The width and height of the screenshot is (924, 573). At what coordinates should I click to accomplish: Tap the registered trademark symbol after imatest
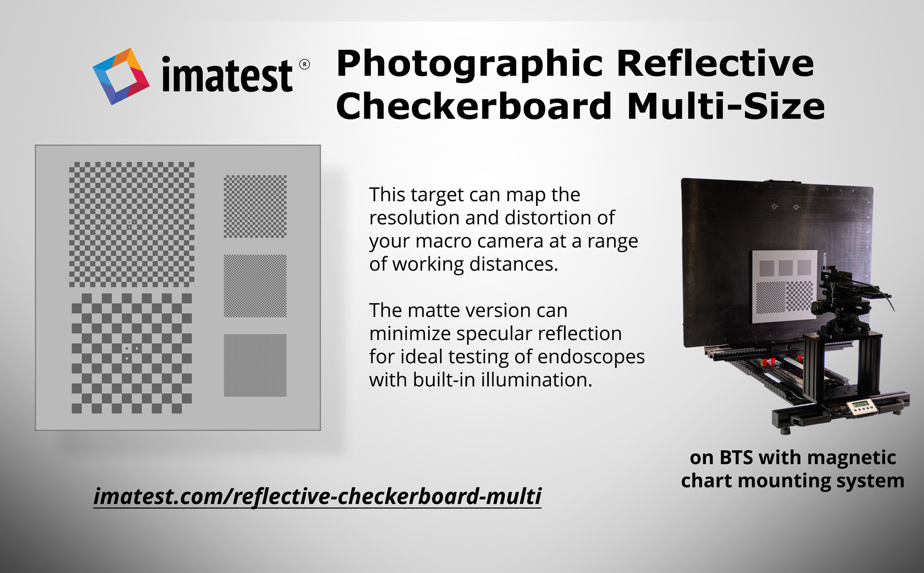coord(305,65)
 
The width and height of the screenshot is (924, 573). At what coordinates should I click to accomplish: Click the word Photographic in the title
coord(469,64)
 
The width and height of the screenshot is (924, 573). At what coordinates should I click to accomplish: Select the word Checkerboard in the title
coord(474,106)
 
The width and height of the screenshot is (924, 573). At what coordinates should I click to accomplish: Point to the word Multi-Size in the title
coord(726,106)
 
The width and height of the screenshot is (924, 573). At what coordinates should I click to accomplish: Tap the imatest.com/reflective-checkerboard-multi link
coord(318,496)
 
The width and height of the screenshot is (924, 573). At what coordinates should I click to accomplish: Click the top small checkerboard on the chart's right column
coord(255,207)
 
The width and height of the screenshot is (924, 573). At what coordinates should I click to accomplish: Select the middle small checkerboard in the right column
coord(255,286)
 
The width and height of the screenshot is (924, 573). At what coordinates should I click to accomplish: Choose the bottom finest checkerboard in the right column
coord(255,365)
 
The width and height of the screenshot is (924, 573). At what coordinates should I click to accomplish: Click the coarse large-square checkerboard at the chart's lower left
coord(132,353)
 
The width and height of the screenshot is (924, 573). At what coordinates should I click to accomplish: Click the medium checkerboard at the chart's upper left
coord(132,224)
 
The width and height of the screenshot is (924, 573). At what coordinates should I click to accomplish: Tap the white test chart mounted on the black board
coord(785,286)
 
